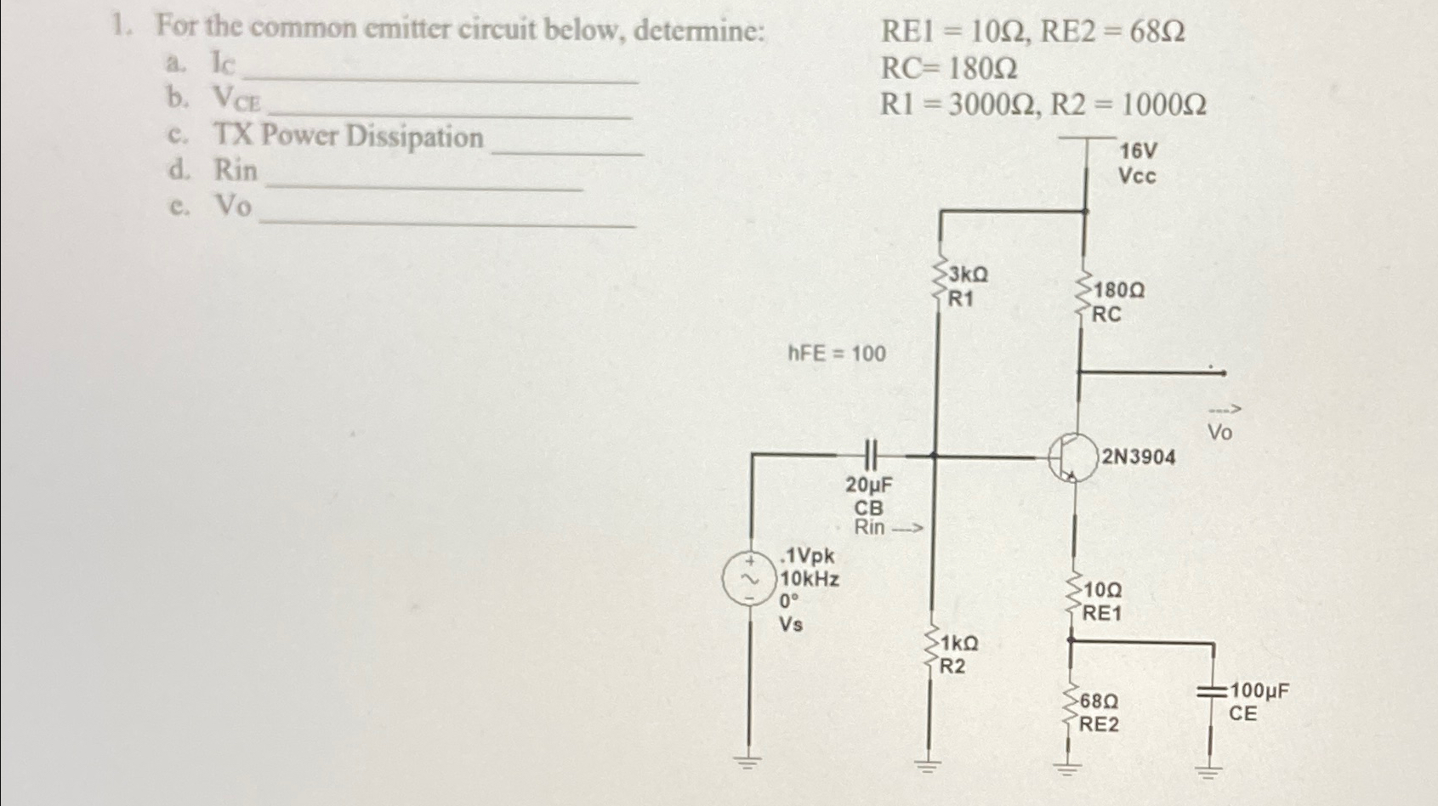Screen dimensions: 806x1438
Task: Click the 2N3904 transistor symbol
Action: click(1073, 457)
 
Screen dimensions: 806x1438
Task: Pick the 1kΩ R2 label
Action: click(957, 654)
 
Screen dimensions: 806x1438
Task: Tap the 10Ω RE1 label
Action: click(1103, 601)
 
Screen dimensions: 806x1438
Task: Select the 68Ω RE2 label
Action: click(1100, 713)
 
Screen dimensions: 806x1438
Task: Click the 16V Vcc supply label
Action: click(1138, 163)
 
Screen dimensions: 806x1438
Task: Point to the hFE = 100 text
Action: click(837, 353)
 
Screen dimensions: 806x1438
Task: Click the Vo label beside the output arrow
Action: click(1220, 433)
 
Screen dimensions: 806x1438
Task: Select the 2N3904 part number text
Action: click(1139, 457)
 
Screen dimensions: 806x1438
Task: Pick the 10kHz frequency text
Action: click(810, 580)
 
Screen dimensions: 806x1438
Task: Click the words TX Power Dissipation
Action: click(348, 136)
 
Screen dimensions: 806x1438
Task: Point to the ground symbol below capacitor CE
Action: click(1208, 772)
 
